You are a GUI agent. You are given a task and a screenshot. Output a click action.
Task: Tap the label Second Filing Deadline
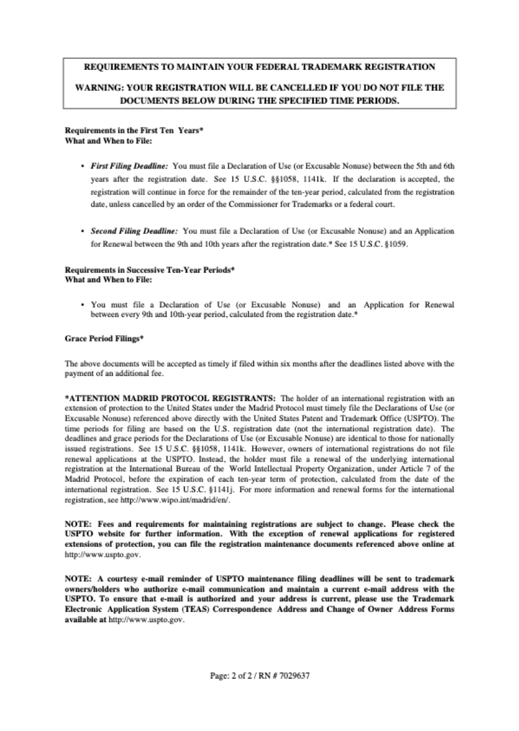click(x=134, y=230)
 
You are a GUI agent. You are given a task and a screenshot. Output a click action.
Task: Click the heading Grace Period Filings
click(x=104, y=338)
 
